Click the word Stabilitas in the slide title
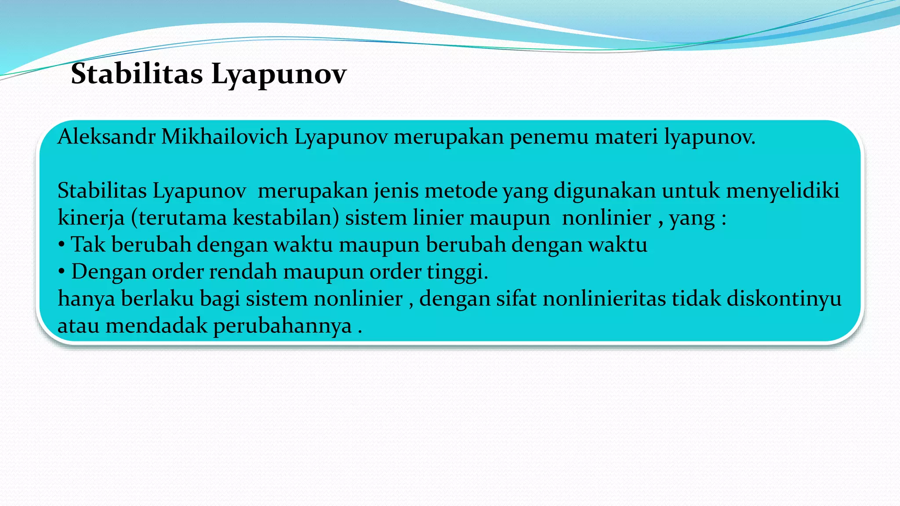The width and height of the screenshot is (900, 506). click(x=137, y=73)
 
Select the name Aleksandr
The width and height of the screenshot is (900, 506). click(x=106, y=137)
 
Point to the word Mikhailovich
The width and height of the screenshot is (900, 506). click(x=225, y=137)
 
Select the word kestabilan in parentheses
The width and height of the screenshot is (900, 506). click(x=283, y=217)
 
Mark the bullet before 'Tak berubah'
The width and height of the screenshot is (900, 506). click(x=62, y=245)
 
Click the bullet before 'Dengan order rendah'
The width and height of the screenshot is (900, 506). click(x=62, y=272)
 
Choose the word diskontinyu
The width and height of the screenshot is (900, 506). click(x=784, y=299)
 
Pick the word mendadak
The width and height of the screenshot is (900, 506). click(x=156, y=326)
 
